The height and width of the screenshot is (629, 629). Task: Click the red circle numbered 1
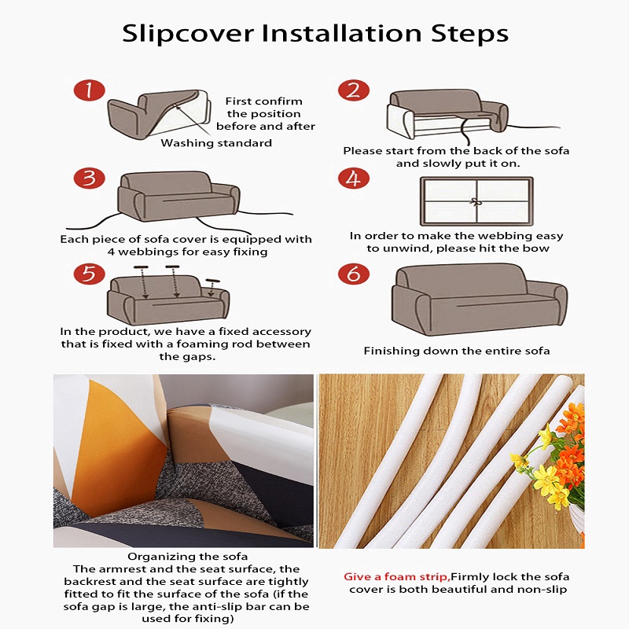tap(89, 90)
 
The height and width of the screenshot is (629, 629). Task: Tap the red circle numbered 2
tap(353, 90)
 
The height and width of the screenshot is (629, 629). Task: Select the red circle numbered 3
tap(89, 178)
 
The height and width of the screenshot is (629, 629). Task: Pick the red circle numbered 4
tap(353, 178)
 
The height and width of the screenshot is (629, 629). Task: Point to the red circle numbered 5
tap(89, 274)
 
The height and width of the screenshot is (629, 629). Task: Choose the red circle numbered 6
tap(353, 274)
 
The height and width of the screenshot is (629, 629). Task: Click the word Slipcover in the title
tap(188, 34)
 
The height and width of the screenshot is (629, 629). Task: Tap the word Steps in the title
tap(469, 34)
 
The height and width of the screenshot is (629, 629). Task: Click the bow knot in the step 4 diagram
tap(476, 201)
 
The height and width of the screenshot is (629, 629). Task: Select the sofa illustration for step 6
tap(480, 300)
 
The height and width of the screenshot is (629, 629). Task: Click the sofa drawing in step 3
tap(178, 197)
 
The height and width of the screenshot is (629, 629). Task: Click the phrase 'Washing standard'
tap(216, 143)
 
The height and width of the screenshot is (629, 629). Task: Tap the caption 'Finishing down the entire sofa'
tap(457, 351)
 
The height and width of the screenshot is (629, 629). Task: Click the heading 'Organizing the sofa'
tap(187, 557)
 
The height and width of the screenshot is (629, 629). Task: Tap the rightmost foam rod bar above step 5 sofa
tap(212, 281)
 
